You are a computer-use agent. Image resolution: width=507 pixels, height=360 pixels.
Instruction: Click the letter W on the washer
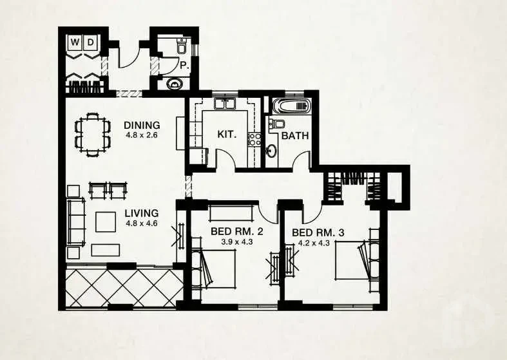tap(75, 42)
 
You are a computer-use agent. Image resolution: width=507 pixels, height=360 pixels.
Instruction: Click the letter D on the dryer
tap(91, 42)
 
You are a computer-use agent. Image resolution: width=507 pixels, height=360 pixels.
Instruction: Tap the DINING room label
tap(142, 125)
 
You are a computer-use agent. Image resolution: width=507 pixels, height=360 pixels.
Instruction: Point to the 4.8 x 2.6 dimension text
tap(142, 135)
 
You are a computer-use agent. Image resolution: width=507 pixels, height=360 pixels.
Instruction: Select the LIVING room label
tap(142, 213)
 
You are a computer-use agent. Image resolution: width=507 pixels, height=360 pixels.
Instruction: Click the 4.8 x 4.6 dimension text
tap(142, 223)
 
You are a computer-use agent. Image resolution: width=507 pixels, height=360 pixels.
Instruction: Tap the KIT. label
tap(227, 134)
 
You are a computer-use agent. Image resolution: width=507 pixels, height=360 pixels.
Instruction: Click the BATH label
tap(295, 136)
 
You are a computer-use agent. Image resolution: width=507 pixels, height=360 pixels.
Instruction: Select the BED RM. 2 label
tap(236, 231)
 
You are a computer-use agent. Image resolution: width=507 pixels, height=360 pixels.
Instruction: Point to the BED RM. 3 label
tap(318, 232)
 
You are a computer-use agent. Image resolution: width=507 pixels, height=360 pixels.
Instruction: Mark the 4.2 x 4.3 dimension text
tap(314, 243)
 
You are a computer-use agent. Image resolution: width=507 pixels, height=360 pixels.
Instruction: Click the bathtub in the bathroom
tap(291, 106)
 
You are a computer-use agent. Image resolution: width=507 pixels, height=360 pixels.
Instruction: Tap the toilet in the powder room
tap(182, 46)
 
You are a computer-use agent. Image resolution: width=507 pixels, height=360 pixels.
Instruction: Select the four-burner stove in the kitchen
tap(254, 139)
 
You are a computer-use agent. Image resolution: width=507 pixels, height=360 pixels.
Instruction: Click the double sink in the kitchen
tap(225, 104)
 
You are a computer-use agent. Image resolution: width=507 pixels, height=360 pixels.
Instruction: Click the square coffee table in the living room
tap(106, 222)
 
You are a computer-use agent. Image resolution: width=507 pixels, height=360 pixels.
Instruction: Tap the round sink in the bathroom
tap(271, 150)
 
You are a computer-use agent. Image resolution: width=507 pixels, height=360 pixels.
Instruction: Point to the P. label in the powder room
tap(184, 66)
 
